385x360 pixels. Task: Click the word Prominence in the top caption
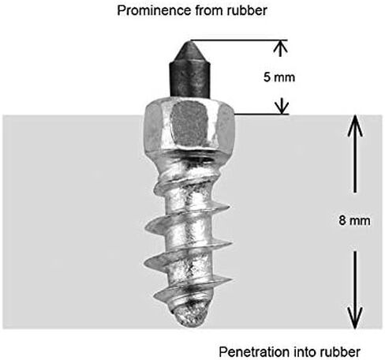(154, 10)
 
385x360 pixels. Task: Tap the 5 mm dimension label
(279, 77)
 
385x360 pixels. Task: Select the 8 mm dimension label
(354, 220)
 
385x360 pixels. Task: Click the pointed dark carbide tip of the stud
(189, 52)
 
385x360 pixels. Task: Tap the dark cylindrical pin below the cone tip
(190, 81)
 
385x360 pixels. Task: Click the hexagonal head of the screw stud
(189, 126)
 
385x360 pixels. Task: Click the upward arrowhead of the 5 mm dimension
(281, 47)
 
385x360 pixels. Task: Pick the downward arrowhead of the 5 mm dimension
(282, 107)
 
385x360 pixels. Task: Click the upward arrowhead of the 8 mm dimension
(355, 126)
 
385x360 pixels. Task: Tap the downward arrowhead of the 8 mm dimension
(355, 318)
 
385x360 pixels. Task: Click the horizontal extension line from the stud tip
(239, 40)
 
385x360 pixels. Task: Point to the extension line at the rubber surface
(261, 114)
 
